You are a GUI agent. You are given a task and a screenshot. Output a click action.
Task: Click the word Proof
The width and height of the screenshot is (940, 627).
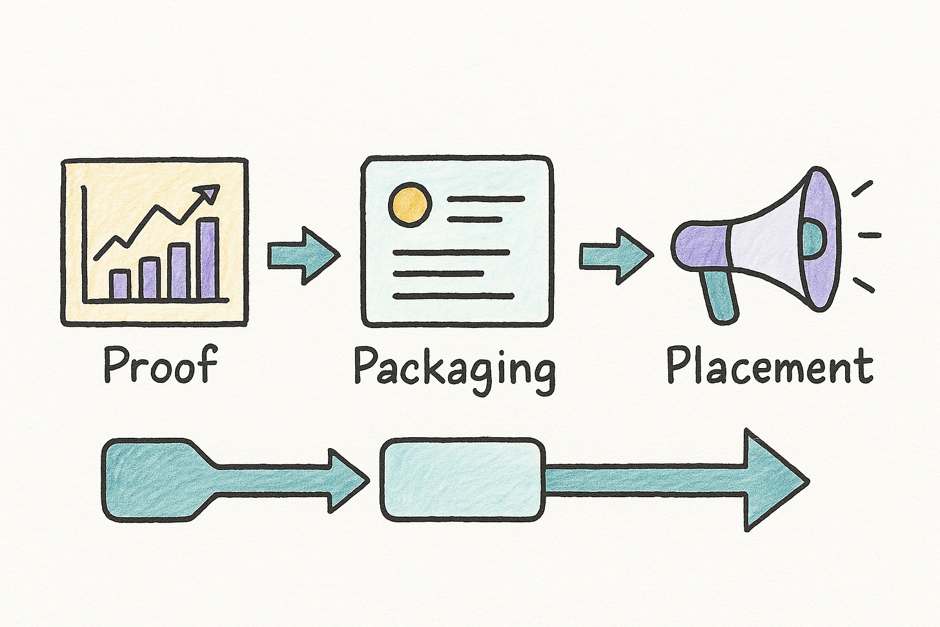pos(160,365)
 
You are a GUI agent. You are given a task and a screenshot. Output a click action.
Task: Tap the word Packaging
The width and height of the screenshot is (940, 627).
pos(455,368)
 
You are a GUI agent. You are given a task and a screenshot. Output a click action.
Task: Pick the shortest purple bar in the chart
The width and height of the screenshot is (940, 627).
pos(120,284)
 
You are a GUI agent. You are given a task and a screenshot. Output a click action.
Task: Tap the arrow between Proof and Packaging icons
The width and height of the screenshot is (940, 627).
pos(303,256)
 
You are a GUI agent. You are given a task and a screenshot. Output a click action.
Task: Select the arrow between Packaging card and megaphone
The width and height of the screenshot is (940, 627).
pos(615,256)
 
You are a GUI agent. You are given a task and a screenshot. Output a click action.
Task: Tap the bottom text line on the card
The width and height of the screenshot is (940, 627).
pos(453,296)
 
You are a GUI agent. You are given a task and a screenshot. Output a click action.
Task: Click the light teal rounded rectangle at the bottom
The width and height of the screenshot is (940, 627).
pos(462,479)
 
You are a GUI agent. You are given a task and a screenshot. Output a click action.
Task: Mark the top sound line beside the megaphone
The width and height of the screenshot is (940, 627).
pos(863,188)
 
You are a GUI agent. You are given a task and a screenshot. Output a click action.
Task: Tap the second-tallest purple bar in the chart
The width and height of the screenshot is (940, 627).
pos(179,271)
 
